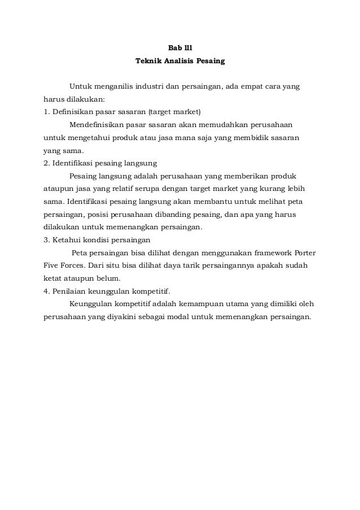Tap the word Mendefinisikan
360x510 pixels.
(x=96, y=124)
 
